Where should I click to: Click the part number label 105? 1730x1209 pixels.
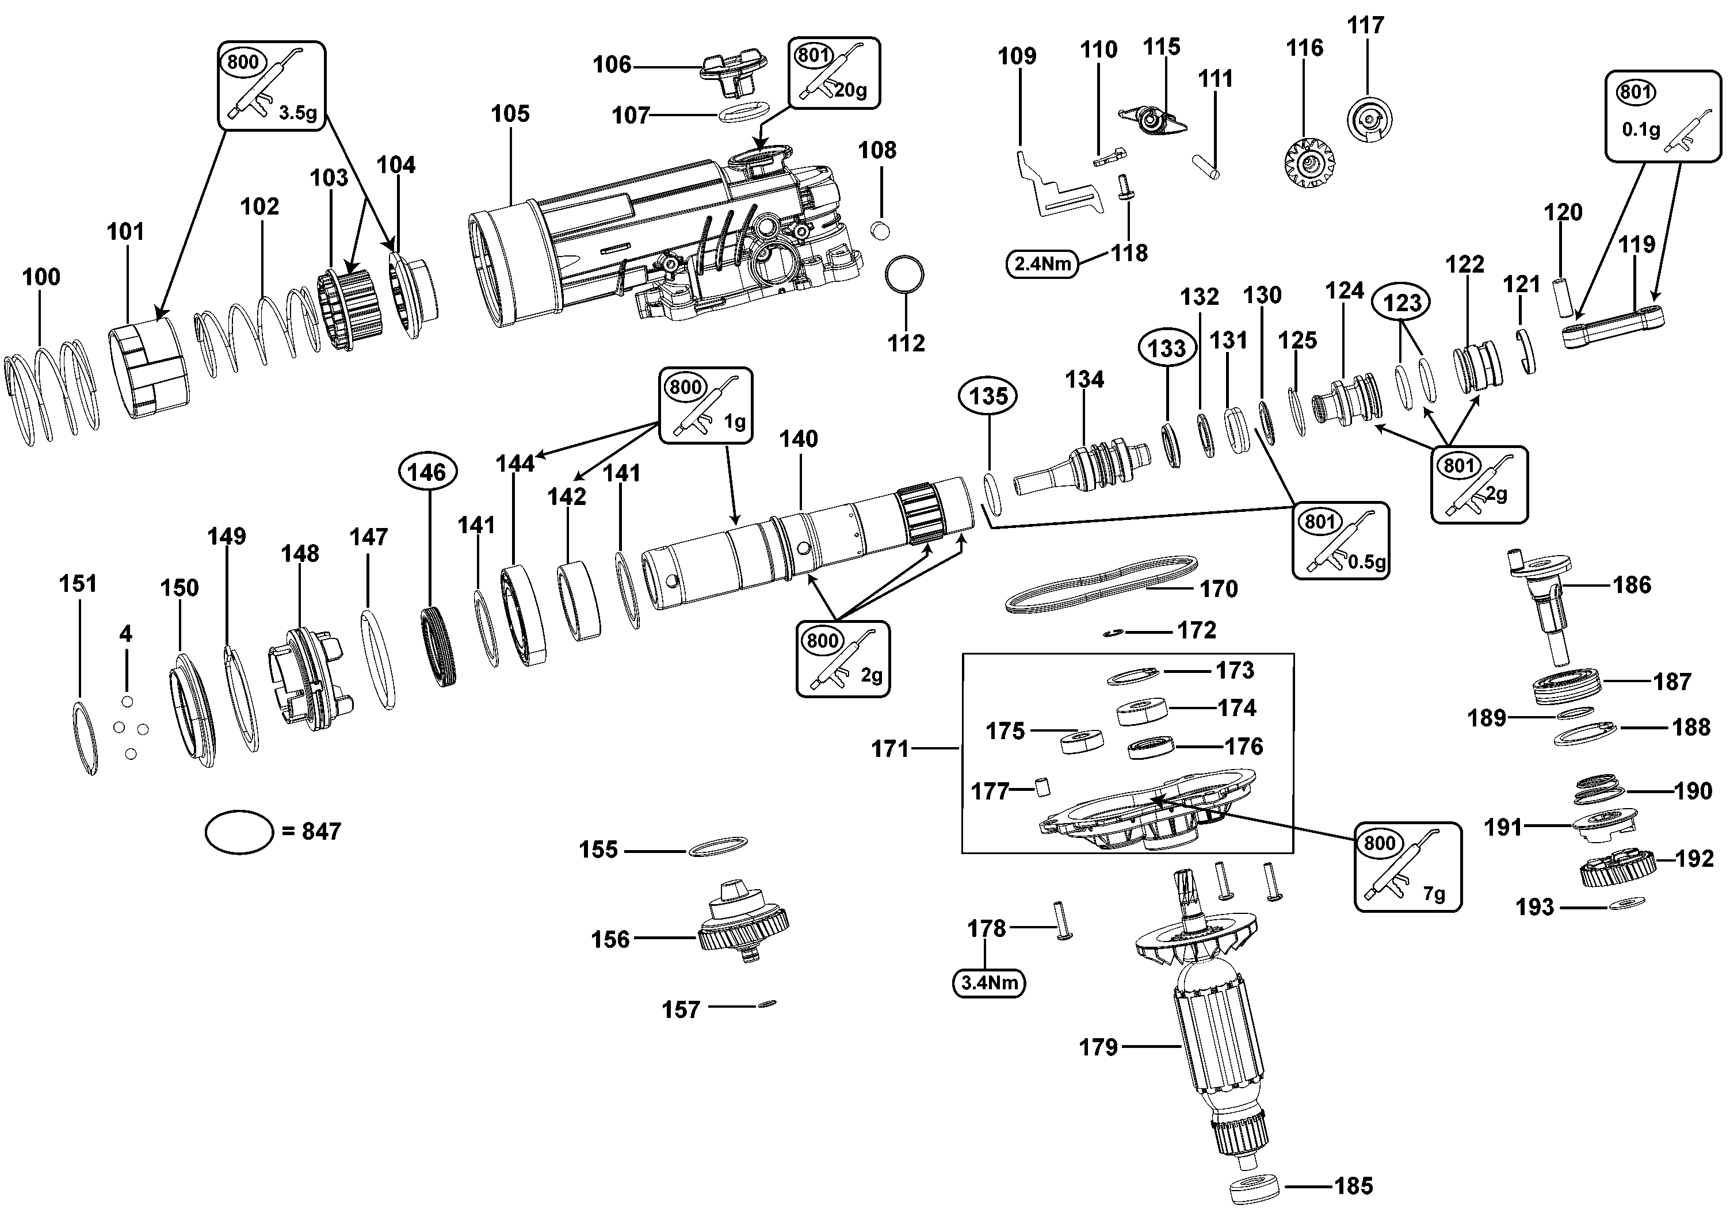(x=510, y=114)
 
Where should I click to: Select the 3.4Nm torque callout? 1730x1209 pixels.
(x=990, y=983)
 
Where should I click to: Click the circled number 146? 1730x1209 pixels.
(x=427, y=472)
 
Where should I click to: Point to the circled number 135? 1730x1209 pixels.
(x=988, y=396)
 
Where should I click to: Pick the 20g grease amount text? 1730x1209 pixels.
(x=851, y=90)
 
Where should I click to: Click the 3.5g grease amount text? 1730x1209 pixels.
(x=297, y=113)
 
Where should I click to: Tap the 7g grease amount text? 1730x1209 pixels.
(x=1434, y=894)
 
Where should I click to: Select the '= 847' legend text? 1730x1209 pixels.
(x=311, y=831)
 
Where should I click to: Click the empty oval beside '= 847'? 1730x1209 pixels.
(x=239, y=810)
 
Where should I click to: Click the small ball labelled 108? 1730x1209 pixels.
(x=879, y=229)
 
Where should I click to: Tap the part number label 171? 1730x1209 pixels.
(x=891, y=749)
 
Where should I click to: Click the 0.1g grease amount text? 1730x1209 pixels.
(x=1641, y=129)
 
